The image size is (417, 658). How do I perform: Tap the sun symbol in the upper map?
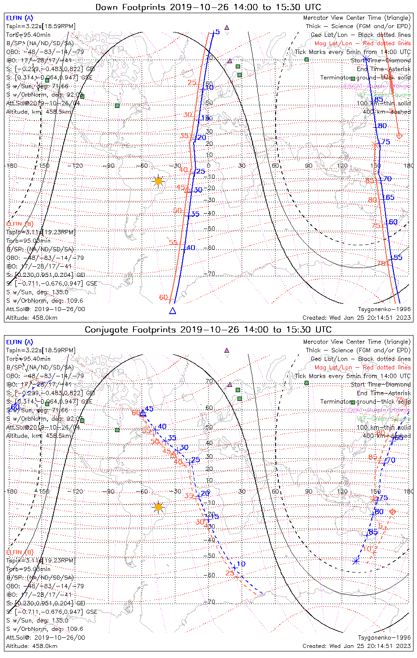click(158, 181)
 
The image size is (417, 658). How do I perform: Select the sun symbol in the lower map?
click(158, 507)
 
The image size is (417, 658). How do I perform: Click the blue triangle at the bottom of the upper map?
click(173, 311)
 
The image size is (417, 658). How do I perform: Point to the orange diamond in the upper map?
click(399, 136)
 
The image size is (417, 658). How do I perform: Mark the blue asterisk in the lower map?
click(356, 561)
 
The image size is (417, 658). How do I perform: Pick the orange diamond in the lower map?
click(393, 512)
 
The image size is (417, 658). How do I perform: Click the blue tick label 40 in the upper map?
click(191, 248)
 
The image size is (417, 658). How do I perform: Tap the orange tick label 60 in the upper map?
click(163, 297)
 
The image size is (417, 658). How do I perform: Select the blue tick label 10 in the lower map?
click(241, 564)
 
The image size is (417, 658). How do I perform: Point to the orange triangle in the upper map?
click(187, 190)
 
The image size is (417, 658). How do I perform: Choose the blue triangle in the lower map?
click(143, 413)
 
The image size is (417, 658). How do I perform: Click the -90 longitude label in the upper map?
click(110, 166)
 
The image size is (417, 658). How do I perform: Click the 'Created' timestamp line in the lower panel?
click(356, 646)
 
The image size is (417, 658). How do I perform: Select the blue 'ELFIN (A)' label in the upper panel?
click(19, 18)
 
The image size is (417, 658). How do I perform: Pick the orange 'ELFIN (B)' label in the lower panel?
click(19, 552)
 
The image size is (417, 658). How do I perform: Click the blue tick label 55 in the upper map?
click(398, 257)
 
